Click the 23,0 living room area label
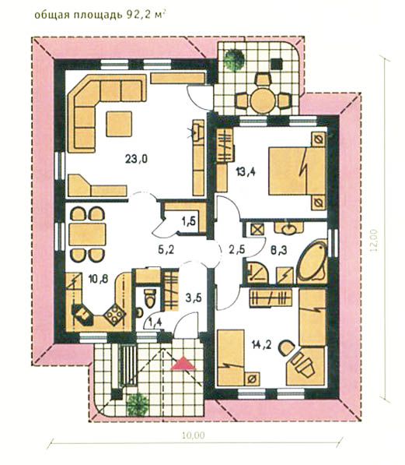pyautogui.click(x=136, y=159)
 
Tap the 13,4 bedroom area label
pyautogui.click(x=246, y=171)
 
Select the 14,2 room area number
pyautogui.click(x=262, y=344)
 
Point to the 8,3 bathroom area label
pyautogui.click(x=279, y=250)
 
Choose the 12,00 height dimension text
pyautogui.click(x=374, y=240)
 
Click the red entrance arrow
pyautogui.click(x=183, y=364)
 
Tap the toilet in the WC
pyautogui.click(x=150, y=298)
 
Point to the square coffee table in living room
pyautogui.click(x=119, y=124)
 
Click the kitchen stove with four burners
pyautogui.click(x=114, y=315)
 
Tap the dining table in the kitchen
pyautogui.click(x=87, y=234)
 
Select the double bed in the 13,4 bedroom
pyautogui.click(x=297, y=171)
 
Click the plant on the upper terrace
pyautogui.click(x=234, y=59)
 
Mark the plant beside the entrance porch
pyautogui.click(x=138, y=404)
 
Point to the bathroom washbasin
pyautogui.click(x=288, y=228)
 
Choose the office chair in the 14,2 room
pyautogui.click(x=287, y=348)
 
